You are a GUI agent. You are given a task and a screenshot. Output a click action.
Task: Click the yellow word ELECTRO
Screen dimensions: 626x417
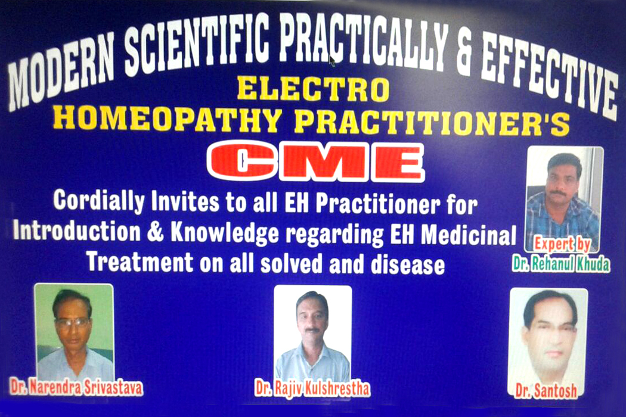[313, 89]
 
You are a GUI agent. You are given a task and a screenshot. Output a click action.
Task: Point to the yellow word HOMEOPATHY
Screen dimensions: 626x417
[167, 119]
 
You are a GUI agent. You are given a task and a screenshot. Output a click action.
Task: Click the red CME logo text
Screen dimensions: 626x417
[315, 161]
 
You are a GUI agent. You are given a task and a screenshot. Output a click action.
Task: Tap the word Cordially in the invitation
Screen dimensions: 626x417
[98, 201]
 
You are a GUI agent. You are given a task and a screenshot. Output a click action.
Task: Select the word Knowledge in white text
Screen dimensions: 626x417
[225, 234]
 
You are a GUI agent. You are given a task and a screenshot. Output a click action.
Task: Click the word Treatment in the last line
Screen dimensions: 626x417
[140, 262]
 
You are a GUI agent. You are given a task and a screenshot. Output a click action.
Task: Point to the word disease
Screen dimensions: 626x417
[408, 265]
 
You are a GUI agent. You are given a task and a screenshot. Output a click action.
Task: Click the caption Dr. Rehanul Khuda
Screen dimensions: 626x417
[562, 264]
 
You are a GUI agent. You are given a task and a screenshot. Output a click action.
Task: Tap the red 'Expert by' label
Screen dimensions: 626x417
[562, 244]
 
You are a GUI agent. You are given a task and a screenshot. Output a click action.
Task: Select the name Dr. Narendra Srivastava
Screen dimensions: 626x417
[76, 387]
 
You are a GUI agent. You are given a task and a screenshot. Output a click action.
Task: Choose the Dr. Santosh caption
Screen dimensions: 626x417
[546, 391]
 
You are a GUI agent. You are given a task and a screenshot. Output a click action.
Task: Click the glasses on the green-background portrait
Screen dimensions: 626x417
[72, 322]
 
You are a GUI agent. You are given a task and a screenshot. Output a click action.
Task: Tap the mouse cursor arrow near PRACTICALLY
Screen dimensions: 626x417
[332, 61]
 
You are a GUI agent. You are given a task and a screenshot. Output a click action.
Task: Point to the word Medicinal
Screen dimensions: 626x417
[469, 235]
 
